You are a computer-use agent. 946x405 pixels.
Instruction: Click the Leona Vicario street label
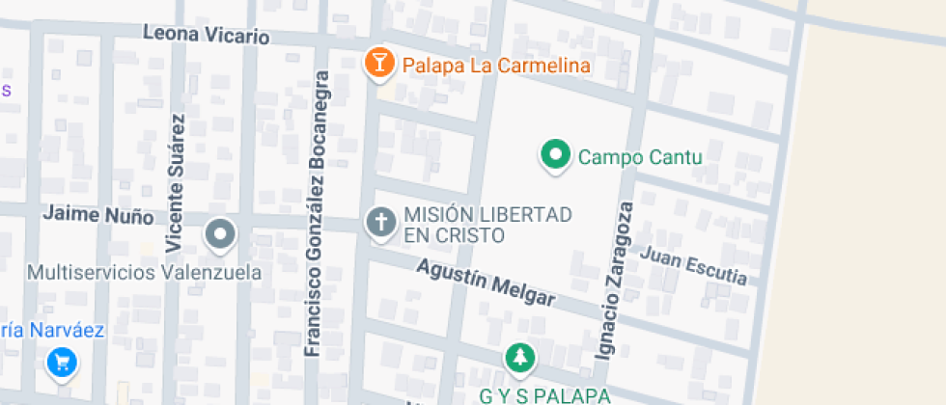pos(206,36)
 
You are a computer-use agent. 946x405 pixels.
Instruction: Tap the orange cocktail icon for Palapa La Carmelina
pos(379,64)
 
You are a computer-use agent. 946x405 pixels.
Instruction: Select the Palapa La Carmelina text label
pos(496,66)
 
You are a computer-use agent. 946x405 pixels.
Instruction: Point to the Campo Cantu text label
pos(639,156)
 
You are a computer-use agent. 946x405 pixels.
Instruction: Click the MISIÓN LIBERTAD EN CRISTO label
pos(488,225)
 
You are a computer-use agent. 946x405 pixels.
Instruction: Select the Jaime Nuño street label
pos(97,214)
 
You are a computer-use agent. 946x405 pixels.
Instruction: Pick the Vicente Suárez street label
pos(175,181)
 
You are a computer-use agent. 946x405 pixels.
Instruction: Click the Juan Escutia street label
pos(693,265)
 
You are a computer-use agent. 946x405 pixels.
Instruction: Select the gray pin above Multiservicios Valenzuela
pos(222,233)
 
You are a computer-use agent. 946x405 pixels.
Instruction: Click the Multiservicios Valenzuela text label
pos(145,273)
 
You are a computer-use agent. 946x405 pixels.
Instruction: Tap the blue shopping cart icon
pos(62,363)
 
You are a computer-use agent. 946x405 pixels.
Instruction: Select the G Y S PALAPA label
pos(544,395)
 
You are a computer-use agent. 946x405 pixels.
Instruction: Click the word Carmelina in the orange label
pos(543,66)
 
